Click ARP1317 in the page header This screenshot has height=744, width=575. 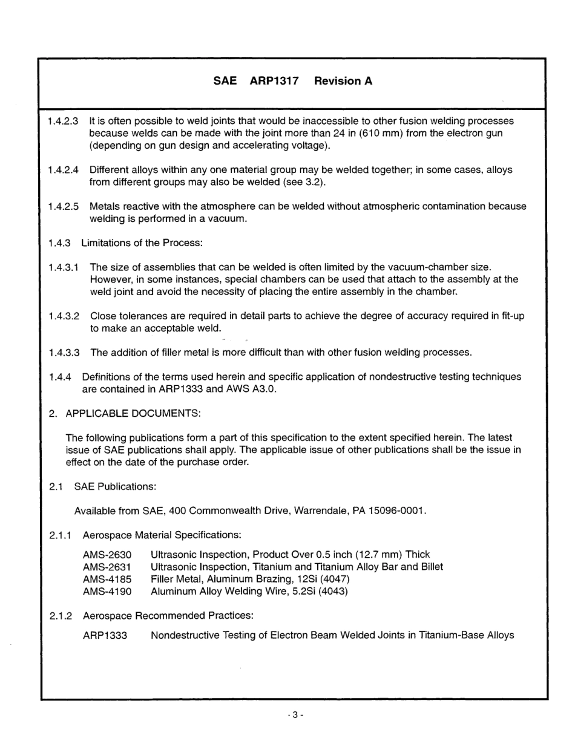[x=274, y=81]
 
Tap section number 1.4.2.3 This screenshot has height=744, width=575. [x=63, y=122]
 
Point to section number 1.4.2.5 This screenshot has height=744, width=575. [x=63, y=206]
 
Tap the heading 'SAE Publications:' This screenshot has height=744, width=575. [x=116, y=486]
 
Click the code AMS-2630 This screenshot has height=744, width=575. [x=107, y=555]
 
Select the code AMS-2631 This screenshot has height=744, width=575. [x=107, y=567]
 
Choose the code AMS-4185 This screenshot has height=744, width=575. [x=107, y=579]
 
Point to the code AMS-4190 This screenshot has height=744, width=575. [x=107, y=591]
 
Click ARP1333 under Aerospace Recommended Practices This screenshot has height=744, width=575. [x=105, y=636]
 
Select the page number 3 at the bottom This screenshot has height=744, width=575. [x=295, y=714]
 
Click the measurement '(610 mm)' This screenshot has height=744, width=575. [x=381, y=133]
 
